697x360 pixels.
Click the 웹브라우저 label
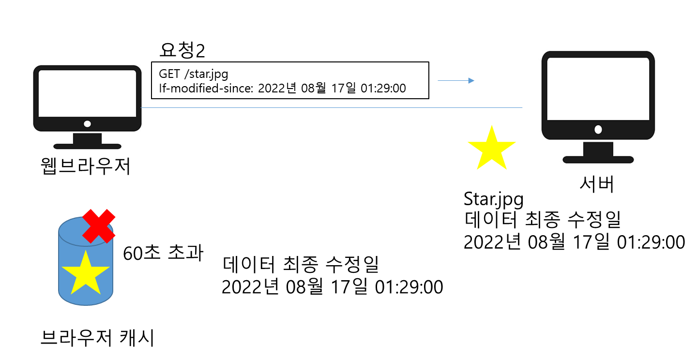(86, 166)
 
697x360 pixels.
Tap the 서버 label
(597, 184)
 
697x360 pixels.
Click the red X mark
(99, 226)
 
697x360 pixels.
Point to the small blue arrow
(456, 81)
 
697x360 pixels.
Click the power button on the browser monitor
(87, 124)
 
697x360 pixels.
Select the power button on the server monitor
(598, 129)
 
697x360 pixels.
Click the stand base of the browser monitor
(87, 146)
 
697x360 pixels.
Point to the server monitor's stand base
(598, 160)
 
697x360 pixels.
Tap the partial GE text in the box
(166, 74)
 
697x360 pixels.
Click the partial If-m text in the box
(166, 89)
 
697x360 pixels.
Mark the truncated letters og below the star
(515, 199)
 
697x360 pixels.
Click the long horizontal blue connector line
(329, 107)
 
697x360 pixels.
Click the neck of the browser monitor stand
(87, 138)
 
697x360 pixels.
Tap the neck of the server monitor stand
(598, 149)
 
